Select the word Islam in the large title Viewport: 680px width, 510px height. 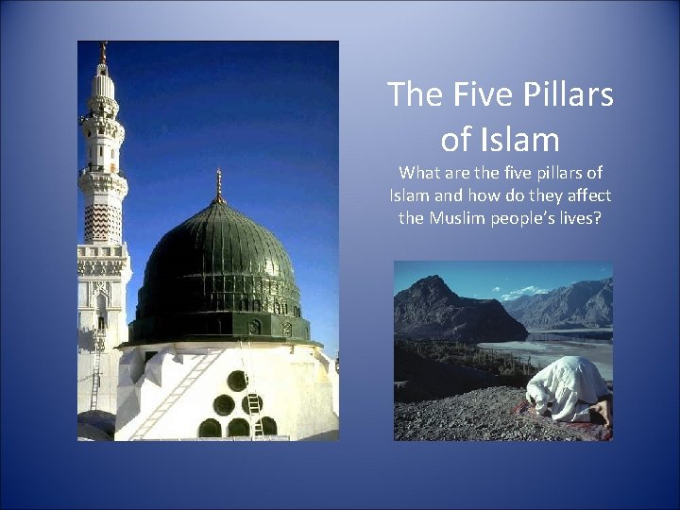coord(519,140)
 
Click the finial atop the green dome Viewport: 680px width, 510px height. coord(219,185)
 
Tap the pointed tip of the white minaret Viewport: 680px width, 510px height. coord(103,49)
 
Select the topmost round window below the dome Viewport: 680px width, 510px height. coord(237,381)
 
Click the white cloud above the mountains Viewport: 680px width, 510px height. coord(525,293)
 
